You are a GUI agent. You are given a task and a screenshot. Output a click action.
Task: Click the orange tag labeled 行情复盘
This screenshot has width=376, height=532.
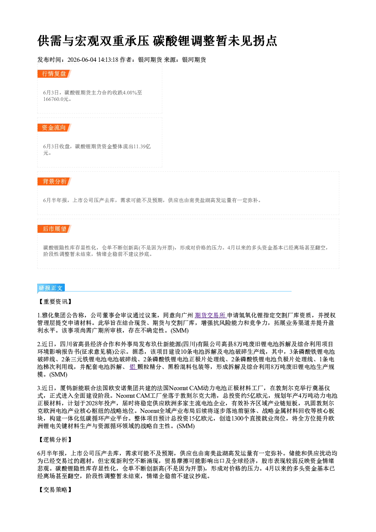54,74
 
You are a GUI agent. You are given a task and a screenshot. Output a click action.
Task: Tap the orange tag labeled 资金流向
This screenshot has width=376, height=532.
54,127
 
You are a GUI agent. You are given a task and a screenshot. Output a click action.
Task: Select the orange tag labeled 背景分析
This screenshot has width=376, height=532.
54,182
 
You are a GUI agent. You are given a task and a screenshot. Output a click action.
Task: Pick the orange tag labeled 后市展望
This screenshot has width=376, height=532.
54,229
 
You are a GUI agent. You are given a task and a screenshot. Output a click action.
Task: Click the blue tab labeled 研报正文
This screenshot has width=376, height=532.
51,288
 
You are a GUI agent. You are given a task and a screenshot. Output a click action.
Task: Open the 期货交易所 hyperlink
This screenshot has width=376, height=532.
210,315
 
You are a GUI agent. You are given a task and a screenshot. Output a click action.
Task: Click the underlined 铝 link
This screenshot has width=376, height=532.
133,367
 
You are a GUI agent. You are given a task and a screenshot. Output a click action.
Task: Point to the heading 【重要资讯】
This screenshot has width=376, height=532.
55,301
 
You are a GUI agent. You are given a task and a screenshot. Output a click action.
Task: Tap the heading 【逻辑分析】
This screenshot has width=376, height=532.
55,439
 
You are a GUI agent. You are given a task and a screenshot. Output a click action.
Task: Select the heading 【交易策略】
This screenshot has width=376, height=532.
55,490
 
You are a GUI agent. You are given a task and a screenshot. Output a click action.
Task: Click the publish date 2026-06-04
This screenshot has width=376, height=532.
82,60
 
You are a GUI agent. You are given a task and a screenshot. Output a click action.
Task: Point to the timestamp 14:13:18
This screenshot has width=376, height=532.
108,60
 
